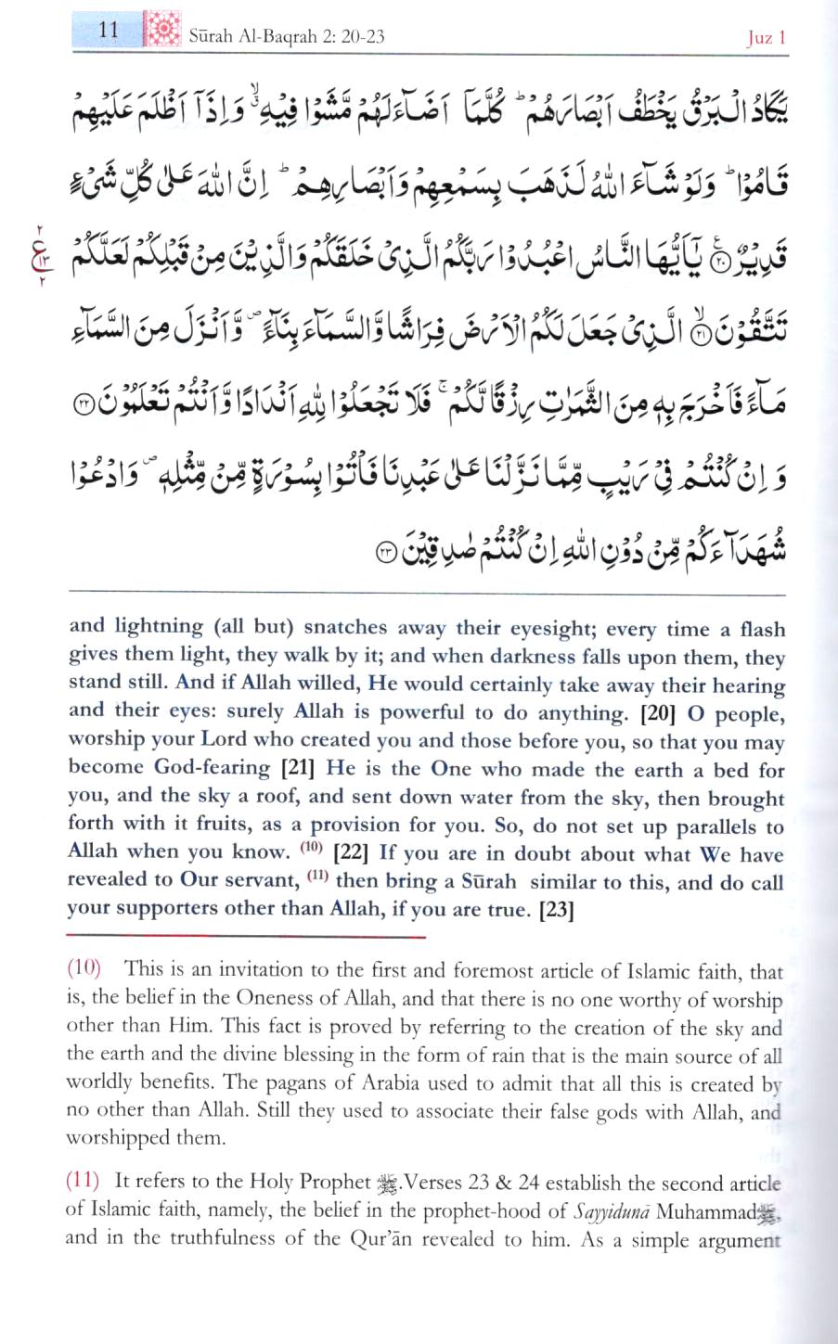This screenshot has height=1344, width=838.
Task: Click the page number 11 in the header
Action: click(x=109, y=29)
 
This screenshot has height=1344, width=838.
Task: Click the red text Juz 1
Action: click(x=767, y=37)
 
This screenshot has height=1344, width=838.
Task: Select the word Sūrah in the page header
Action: click(x=213, y=36)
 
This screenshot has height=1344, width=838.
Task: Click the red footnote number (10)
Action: click(x=84, y=969)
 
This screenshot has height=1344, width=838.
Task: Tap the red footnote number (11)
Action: click(x=84, y=1181)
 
